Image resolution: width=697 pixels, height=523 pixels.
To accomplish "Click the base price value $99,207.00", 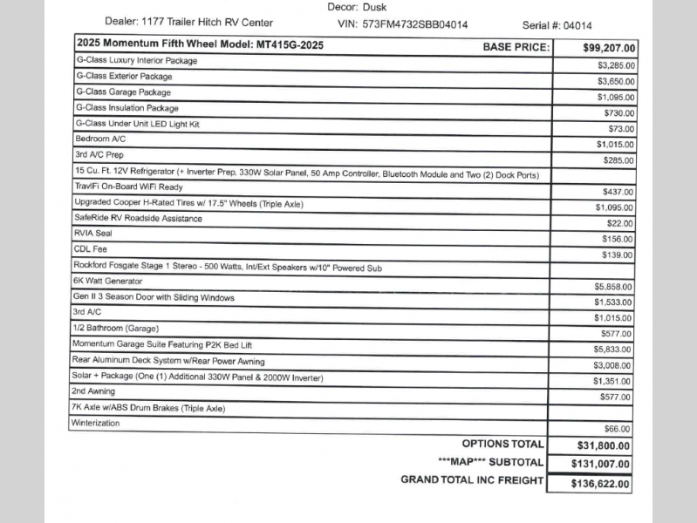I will point(609,48).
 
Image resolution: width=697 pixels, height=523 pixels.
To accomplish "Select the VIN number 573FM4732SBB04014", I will point(414,24).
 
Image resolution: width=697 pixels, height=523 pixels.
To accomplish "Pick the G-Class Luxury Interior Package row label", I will point(137,61).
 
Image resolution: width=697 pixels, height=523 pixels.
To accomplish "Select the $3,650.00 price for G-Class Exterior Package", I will point(616,81).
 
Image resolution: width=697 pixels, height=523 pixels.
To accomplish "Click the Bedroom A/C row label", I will point(101,139).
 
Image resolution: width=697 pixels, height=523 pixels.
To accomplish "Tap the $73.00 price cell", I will point(621,129).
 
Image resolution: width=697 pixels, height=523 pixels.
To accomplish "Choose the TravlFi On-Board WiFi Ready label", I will point(128,187).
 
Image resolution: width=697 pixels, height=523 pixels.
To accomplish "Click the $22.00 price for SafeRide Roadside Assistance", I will point(621,223).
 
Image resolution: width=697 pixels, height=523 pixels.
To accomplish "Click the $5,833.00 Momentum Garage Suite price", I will point(614,349).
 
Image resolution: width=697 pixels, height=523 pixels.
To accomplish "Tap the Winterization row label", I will point(96,424).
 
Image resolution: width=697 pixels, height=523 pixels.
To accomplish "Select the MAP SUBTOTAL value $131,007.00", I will point(600,464).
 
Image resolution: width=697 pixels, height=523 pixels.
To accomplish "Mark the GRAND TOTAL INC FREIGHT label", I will point(471,480).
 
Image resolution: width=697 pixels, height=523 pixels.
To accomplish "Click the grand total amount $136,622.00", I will point(600,483).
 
